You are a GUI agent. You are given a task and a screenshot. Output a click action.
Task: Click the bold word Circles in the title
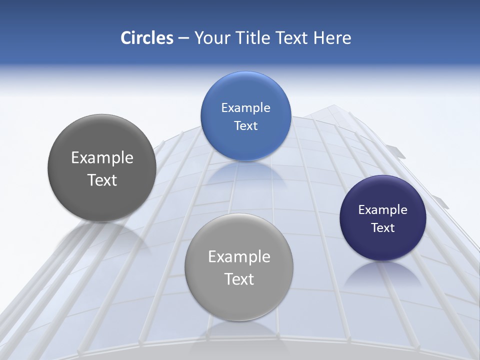click(147, 38)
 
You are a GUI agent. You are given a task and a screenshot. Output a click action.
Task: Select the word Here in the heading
click(332, 38)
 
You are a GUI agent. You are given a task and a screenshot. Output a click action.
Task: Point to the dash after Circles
click(183, 38)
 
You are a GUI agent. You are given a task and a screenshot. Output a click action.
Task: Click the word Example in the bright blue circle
click(245, 108)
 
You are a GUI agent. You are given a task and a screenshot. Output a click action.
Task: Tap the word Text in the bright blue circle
click(245, 126)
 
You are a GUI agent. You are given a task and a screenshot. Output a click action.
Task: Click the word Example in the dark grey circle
click(102, 158)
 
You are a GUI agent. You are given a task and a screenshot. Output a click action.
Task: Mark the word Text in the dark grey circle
click(102, 180)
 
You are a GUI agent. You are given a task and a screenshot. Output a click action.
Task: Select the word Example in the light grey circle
click(239, 257)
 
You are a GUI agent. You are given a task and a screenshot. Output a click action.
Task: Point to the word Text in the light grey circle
click(239, 279)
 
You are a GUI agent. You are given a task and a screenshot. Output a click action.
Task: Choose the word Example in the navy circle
click(383, 210)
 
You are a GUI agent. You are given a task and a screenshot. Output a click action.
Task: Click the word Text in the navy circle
click(383, 228)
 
